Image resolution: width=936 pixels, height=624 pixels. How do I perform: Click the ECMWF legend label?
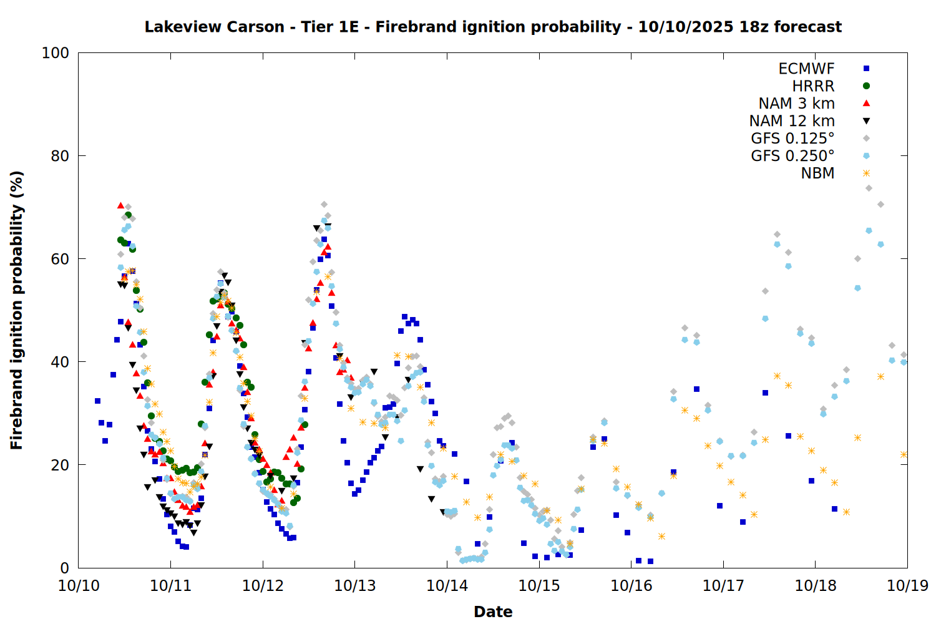coord(806,69)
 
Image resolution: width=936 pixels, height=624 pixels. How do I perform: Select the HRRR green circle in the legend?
coord(866,86)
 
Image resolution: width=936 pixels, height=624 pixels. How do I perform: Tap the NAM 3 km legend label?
coord(796,104)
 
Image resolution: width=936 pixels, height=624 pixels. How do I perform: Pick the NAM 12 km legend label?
coord(792,121)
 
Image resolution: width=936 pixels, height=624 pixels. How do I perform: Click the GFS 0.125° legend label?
coord(792,139)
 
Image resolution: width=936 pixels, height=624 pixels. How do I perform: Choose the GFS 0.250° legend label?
coord(792,156)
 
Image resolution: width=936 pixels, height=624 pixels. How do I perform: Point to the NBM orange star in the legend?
coord(866,173)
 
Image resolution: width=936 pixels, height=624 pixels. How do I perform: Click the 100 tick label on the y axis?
coord(56,53)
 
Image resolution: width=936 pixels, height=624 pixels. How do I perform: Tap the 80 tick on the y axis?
coord(60,156)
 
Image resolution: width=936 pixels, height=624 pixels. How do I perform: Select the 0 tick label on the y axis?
coord(64,568)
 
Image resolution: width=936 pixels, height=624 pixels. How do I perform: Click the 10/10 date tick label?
coord(79,586)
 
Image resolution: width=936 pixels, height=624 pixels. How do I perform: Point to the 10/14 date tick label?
coord(447,586)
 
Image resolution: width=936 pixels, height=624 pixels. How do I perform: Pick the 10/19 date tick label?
coord(907,586)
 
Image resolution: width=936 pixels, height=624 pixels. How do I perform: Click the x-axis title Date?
coord(493,612)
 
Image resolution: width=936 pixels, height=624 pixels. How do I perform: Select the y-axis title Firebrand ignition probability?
coord(17,310)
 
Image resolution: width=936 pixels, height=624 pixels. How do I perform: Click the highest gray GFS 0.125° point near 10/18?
coord(869,188)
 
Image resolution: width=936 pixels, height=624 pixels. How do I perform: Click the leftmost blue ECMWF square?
coord(97,401)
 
